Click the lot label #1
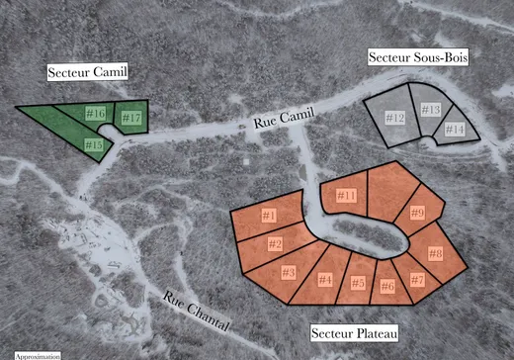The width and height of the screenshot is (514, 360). (269, 215)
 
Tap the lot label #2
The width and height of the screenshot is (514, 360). (276, 244)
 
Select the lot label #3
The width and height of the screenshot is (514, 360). (290, 271)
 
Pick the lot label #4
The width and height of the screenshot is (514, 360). (323, 280)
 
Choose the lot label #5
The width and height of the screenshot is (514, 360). (358, 283)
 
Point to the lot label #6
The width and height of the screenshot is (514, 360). (387, 287)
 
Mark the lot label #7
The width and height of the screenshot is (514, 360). (417, 280)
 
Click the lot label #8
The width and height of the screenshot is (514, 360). (435, 254)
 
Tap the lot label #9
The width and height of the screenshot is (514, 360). (417, 213)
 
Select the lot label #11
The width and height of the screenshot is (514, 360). (346, 196)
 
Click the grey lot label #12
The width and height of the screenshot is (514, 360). (394, 119)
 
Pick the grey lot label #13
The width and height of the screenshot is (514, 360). (430, 110)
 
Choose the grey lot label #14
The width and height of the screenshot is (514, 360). (455, 130)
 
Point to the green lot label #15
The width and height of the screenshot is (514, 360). (93, 145)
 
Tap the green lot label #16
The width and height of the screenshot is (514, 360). (96, 113)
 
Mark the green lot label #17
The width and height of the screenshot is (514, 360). (131, 118)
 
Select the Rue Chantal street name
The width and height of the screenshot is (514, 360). (196, 311)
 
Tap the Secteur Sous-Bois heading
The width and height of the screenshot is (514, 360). (417, 59)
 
